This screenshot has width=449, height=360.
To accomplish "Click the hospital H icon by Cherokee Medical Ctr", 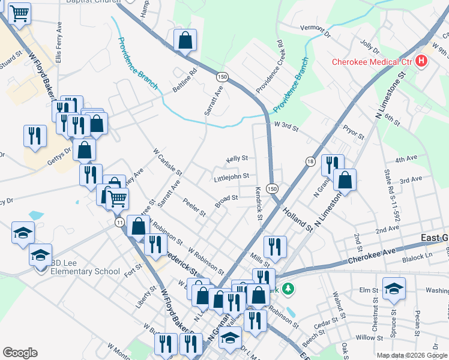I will pos(421,61).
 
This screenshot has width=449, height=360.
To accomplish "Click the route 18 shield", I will pos(310,161).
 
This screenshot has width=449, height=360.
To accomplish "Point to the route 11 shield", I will pos(120,222).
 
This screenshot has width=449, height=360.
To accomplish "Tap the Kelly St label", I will pos(237,158).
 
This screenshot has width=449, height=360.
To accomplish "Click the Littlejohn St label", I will pos(231,177).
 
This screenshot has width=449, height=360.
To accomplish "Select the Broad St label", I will pos(227,197).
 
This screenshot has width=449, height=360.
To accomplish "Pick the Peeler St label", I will pos(195,208).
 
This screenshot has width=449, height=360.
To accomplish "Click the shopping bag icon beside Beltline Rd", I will pos(185,41).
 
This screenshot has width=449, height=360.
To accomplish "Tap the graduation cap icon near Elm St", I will pos(394,289).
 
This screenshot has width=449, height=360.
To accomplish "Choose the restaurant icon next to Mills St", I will pos(275,246).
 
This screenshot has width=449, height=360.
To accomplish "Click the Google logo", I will pos(20,353).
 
